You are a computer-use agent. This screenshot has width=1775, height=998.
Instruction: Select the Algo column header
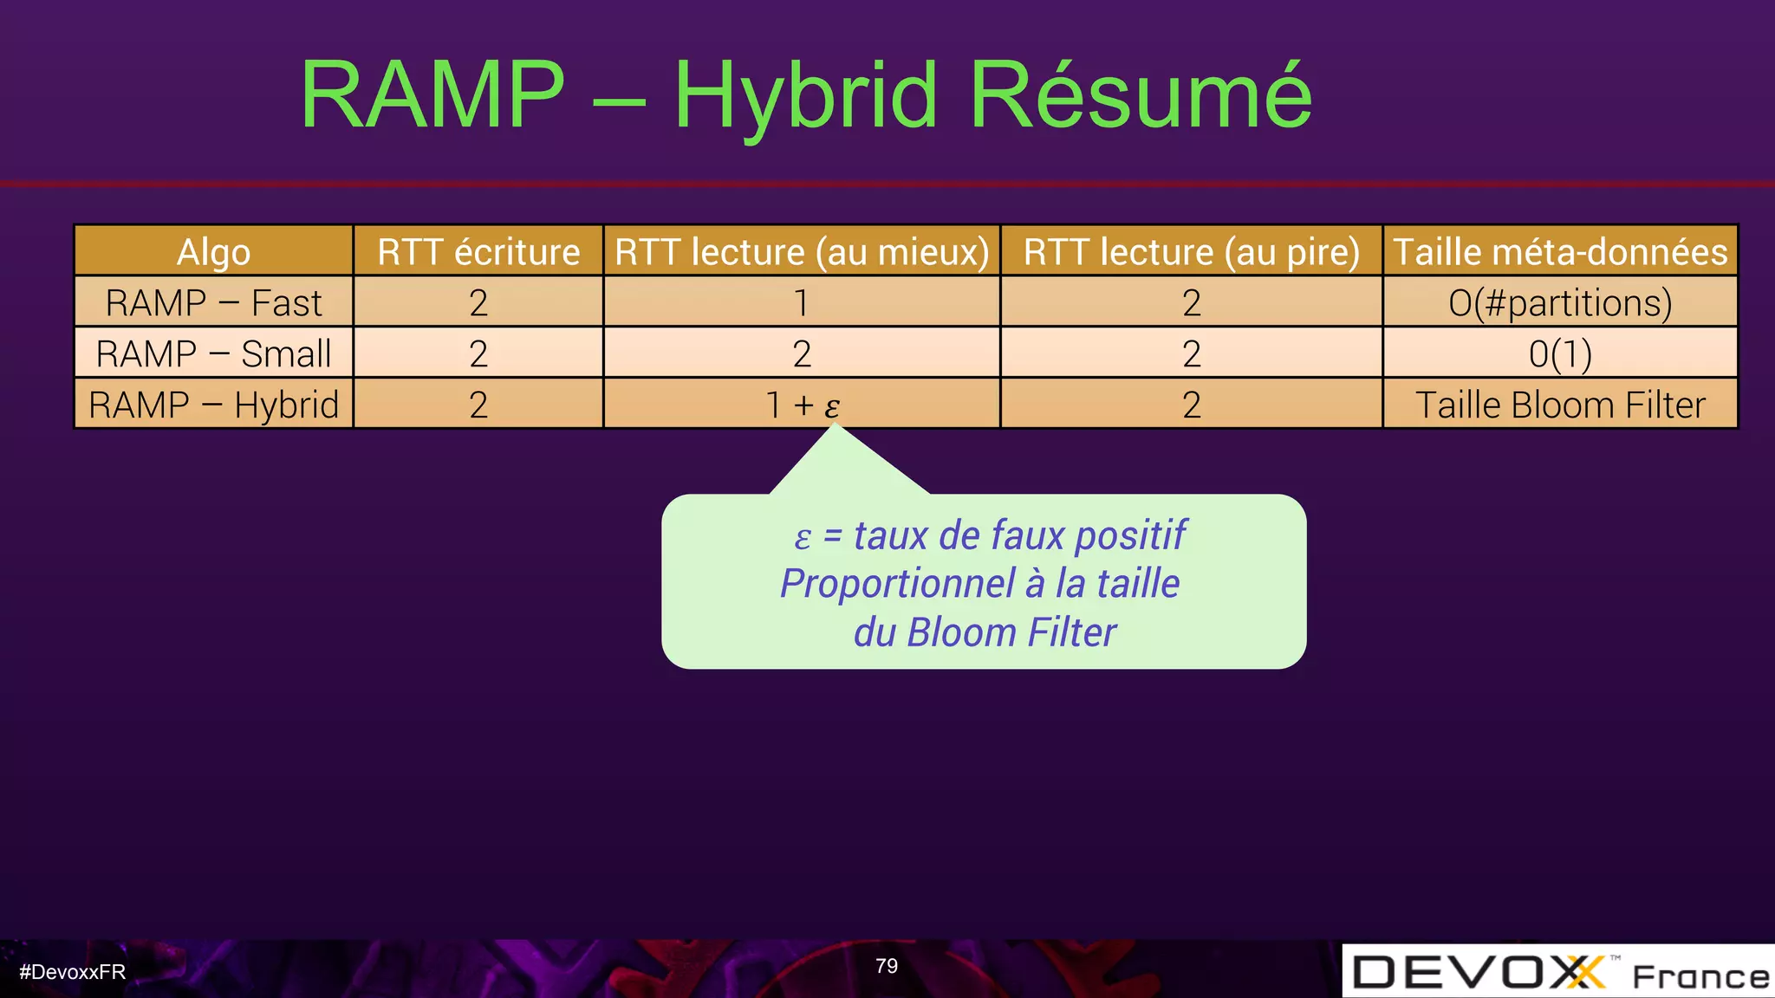[213, 252]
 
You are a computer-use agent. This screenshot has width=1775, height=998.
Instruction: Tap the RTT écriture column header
[478, 252]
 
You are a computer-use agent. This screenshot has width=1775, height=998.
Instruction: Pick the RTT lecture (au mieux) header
[802, 252]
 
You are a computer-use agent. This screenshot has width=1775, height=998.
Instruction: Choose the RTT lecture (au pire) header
[1191, 252]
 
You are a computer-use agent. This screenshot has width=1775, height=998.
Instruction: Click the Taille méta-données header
[1560, 252]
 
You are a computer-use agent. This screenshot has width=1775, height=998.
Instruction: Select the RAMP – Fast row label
[213, 303]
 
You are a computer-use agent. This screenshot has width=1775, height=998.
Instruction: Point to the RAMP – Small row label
[213, 353]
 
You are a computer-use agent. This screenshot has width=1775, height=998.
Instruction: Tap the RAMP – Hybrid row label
[213, 405]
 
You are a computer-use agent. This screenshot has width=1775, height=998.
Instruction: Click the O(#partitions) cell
[1560, 303]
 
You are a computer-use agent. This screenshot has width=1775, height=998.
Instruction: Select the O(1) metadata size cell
[1560, 353]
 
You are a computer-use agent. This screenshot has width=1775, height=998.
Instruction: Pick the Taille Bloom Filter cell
[1560, 405]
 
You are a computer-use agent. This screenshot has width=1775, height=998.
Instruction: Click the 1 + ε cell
[803, 405]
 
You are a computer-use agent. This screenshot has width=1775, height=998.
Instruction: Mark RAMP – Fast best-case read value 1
[802, 303]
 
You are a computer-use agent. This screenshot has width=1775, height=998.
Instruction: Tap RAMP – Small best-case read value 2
[802, 353]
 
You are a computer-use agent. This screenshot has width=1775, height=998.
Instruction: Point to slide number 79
[887, 966]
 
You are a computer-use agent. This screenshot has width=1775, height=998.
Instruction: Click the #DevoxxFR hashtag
[73, 972]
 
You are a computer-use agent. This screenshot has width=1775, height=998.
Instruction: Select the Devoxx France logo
[1558, 972]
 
